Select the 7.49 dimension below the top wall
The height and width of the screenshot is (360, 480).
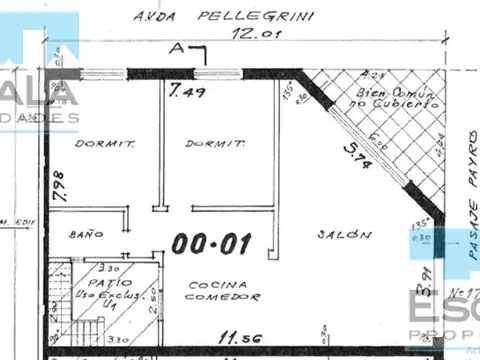pos(187,93)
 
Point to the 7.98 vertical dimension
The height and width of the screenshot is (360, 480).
pos(57,187)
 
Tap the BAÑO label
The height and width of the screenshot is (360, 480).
pos(87,233)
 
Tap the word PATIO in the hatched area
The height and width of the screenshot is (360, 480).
pos(99,282)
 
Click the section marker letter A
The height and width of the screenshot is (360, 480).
pos(177,47)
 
